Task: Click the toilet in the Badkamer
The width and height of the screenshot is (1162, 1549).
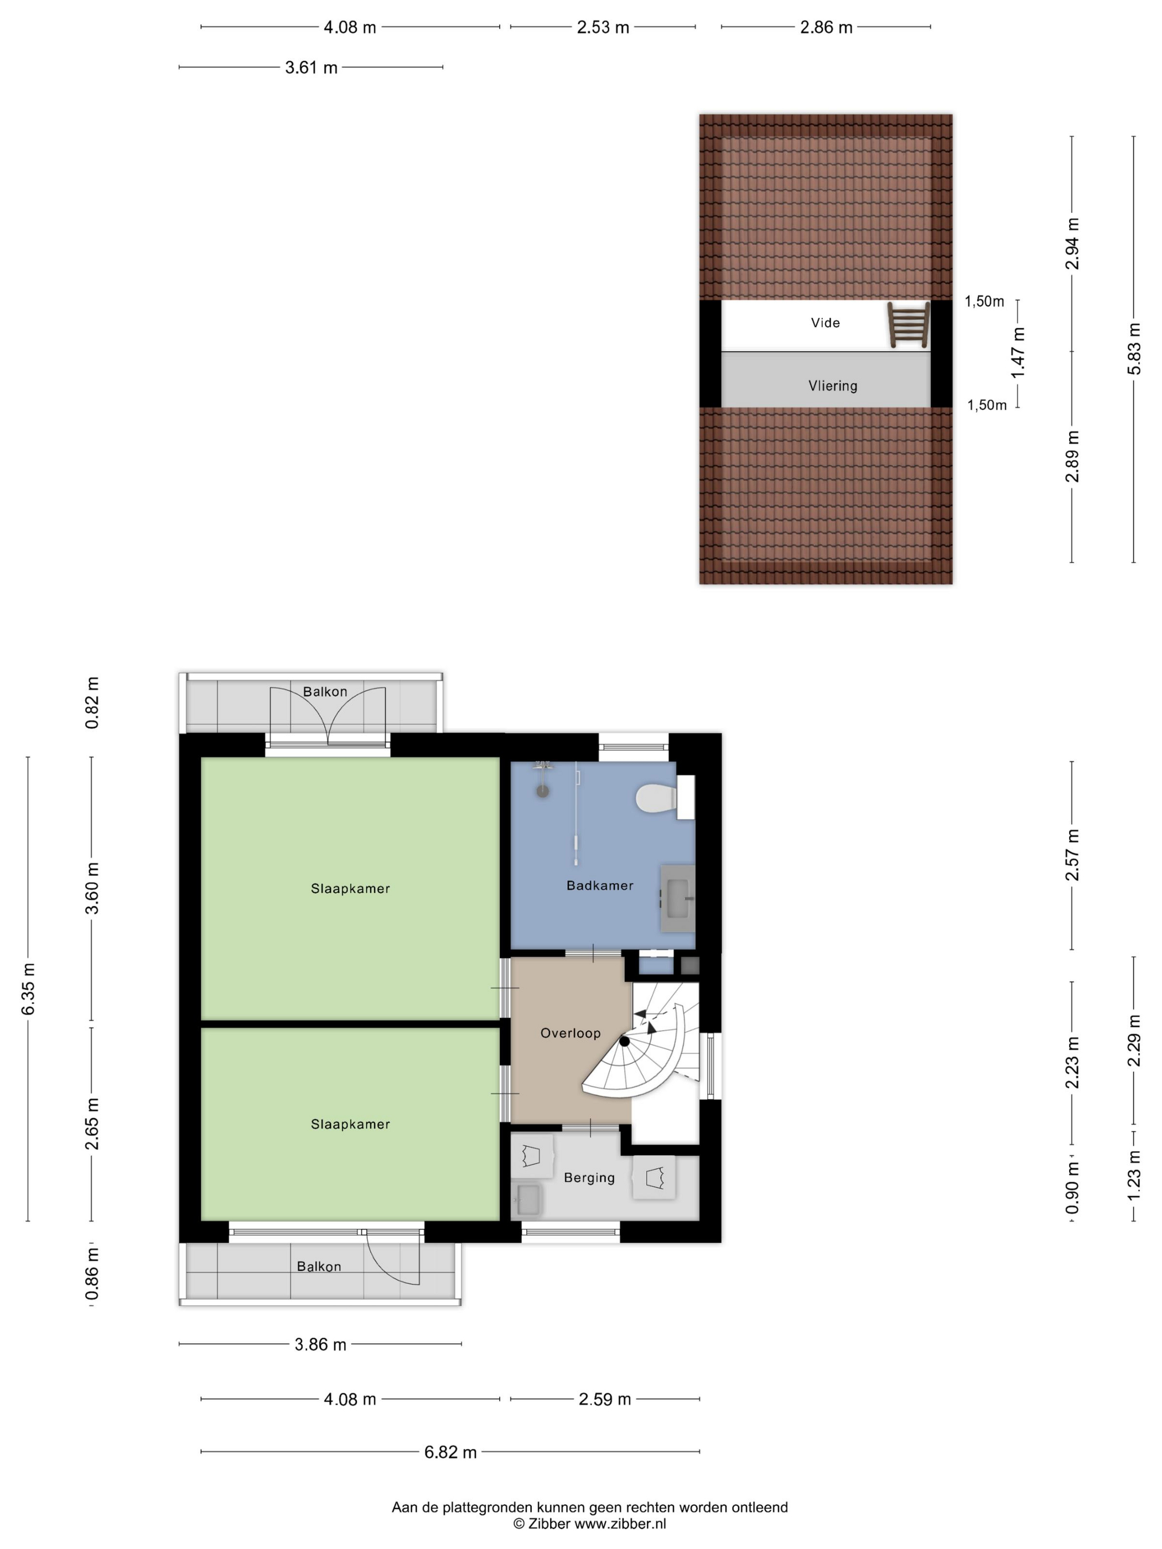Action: click(665, 798)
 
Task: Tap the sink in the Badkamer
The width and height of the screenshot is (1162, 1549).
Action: click(678, 898)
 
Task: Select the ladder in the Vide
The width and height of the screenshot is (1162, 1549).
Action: click(909, 325)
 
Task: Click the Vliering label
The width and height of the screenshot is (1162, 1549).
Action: click(833, 386)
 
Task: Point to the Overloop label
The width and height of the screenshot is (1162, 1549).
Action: click(570, 1033)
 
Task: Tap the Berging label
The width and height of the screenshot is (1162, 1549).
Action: click(589, 1178)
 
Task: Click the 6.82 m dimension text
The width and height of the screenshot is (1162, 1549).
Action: click(450, 1452)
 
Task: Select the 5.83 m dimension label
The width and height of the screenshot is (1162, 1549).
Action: click(1134, 349)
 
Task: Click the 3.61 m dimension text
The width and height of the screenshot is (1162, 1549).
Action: click(311, 68)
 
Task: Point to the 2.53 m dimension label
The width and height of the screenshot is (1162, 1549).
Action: click(603, 27)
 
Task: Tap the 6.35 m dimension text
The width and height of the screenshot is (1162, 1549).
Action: click(28, 989)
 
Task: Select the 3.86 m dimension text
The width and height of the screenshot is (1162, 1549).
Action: click(320, 1344)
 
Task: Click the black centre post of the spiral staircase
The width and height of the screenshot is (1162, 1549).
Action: click(624, 1041)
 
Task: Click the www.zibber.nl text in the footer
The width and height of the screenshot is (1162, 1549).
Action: click(621, 1524)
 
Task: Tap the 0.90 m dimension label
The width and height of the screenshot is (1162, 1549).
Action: click(1072, 1188)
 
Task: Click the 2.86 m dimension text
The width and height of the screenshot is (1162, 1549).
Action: click(827, 27)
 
